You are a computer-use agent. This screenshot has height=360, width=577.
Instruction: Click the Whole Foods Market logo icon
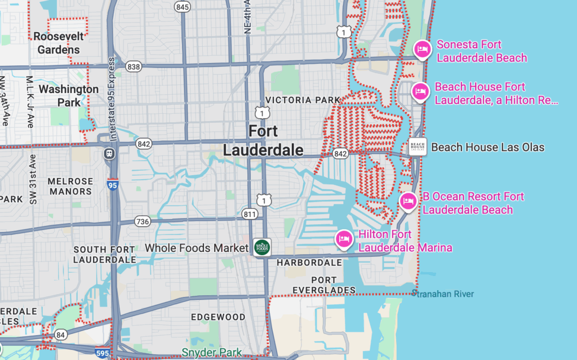click(x=262, y=247)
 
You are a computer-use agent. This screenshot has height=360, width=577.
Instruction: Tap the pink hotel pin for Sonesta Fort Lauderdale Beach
click(x=422, y=50)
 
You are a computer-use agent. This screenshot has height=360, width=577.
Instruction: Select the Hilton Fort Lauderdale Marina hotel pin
click(x=344, y=239)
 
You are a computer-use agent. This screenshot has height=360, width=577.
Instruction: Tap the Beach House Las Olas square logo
click(x=418, y=147)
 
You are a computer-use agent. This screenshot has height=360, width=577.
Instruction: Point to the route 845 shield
click(x=182, y=7)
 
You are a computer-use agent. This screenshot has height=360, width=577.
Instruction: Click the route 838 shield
click(x=134, y=66)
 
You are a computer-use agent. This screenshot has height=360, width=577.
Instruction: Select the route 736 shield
click(x=143, y=221)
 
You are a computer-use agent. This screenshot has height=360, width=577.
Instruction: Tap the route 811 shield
click(x=250, y=214)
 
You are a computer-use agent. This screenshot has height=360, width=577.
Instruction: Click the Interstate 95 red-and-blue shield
click(x=113, y=183)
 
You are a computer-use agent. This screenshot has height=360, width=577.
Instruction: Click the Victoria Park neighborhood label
click(x=303, y=100)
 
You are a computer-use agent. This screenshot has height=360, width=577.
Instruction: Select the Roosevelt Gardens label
click(x=59, y=43)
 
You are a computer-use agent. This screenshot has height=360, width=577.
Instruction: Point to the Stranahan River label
click(x=443, y=294)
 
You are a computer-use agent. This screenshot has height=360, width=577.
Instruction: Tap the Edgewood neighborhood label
click(x=218, y=317)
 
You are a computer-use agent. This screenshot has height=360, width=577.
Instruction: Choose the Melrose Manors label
click(x=70, y=186)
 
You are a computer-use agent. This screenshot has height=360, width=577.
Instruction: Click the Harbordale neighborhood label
click(x=309, y=263)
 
